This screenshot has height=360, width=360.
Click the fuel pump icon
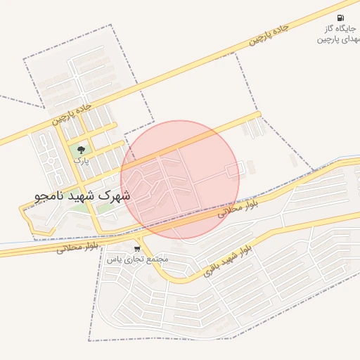point(340,18)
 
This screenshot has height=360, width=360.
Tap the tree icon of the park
point(81,150)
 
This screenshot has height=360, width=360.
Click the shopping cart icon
point(136,248)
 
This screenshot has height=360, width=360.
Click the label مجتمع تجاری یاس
point(138,259)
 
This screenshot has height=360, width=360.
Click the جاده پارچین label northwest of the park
point(72,112)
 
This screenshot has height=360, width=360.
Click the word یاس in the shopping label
point(113,259)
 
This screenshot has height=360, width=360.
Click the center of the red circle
point(180,179)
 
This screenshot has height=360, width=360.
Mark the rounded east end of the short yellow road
point(258,114)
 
